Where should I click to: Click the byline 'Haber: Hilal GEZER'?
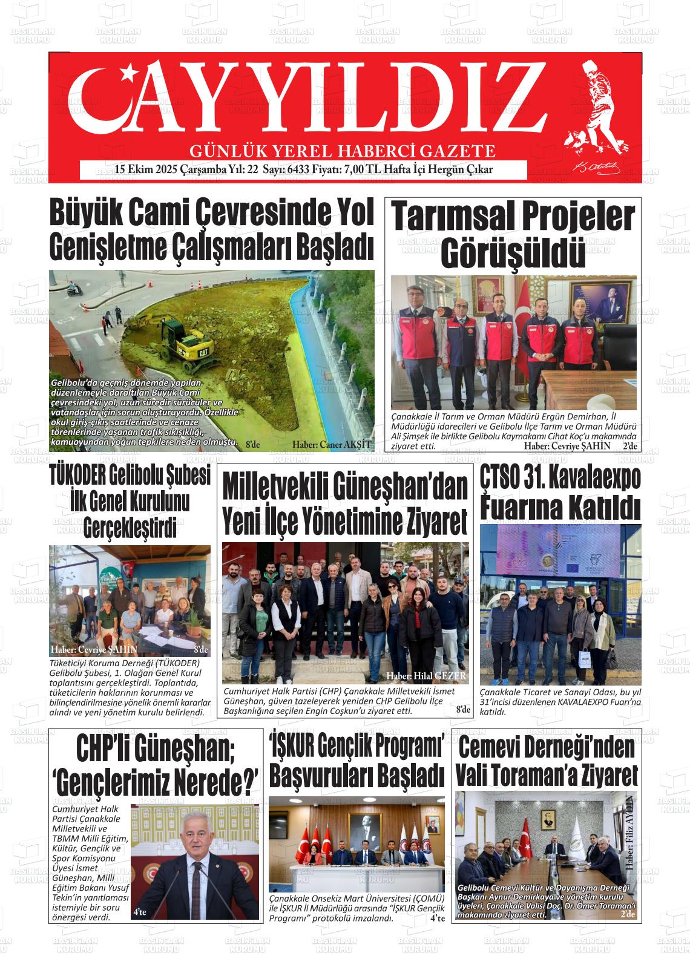pos(426,676)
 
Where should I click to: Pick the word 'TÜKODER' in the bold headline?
pos(77,476)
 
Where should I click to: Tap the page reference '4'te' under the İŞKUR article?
pos(437,919)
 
